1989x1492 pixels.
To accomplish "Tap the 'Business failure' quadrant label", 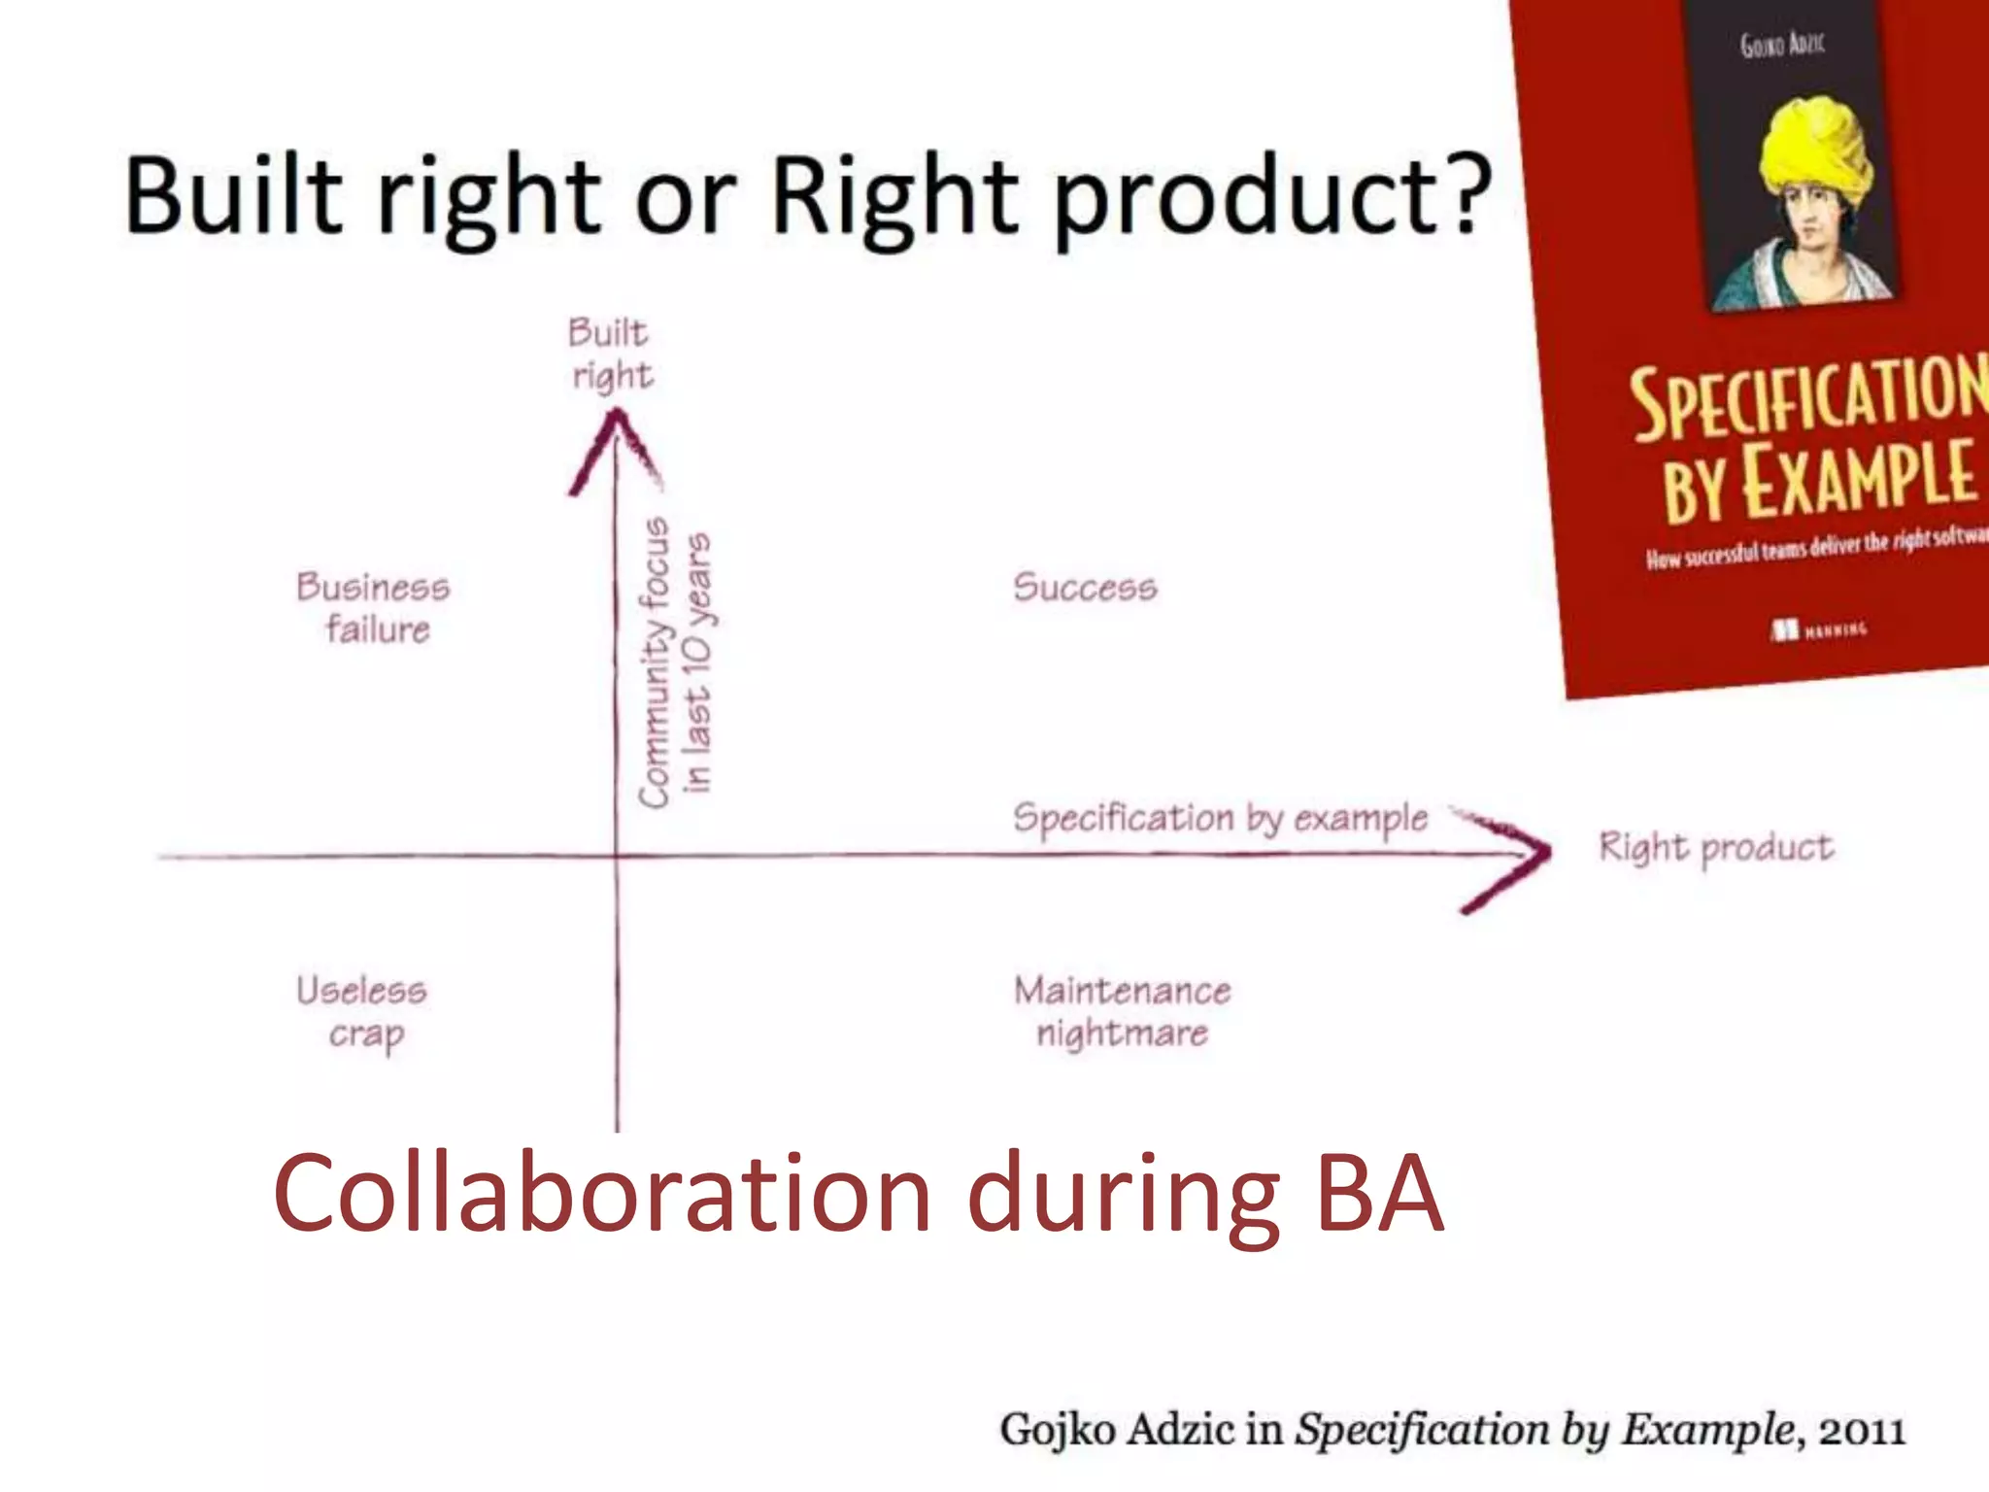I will click(x=374, y=608).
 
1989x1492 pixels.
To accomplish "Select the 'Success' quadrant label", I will click(x=1085, y=588).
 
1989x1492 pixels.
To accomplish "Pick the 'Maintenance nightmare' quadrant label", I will click(x=1123, y=1011).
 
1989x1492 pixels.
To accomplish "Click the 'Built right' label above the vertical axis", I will click(x=610, y=354).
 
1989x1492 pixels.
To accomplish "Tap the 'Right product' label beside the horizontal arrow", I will click(x=1716, y=847).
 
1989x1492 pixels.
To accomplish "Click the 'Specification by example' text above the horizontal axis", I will click(x=1220, y=818).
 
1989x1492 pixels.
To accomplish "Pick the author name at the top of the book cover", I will click(x=1783, y=45).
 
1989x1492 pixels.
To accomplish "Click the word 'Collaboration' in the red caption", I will click(x=602, y=1194).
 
